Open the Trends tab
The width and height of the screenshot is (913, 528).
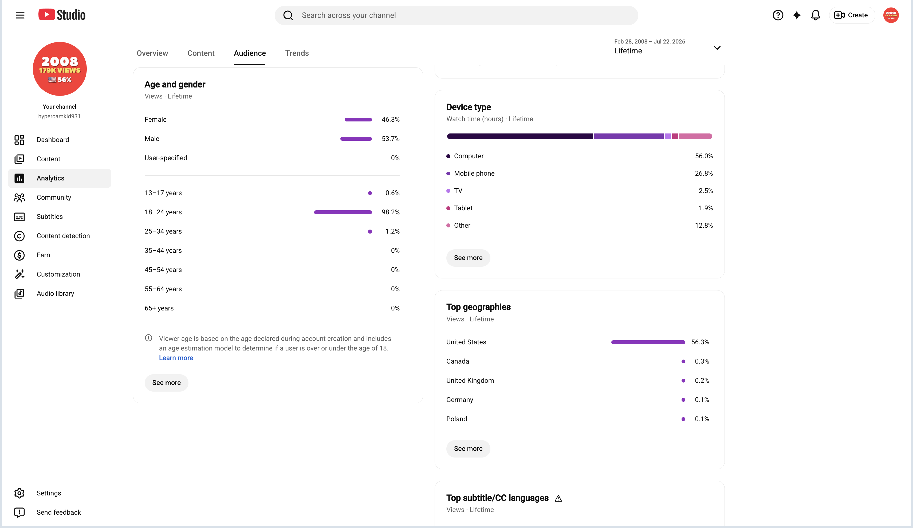tap(297, 53)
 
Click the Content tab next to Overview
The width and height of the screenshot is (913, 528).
tap(201, 53)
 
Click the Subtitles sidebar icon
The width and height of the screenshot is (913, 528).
tap(19, 217)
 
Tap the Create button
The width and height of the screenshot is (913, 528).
tap(851, 15)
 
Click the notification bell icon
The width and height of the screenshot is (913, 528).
tap(816, 15)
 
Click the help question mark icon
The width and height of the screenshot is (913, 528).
tap(778, 15)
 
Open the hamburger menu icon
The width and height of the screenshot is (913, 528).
tap(20, 15)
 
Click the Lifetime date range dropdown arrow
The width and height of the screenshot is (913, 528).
tap(717, 48)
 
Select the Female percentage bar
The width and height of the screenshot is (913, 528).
tap(358, 120)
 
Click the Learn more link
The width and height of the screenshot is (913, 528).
tap(176, 358)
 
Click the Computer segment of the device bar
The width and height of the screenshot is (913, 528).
tap(520, 136)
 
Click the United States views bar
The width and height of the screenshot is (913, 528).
tap(648, 342)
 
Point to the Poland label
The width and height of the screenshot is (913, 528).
tap(456, 419)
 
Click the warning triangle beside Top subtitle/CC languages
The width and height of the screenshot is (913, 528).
tap(558, 499)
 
